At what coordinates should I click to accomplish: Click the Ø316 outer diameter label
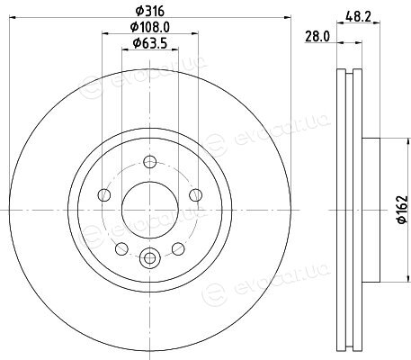click(150, 12)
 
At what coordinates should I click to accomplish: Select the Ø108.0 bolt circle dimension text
click(150, 28)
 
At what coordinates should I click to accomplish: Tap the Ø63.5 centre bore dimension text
click(149, 44)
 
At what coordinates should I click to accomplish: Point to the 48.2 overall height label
click(358, 16)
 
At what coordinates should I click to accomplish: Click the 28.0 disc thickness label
click(317, 37)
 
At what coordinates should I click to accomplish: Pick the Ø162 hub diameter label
click(402, 210)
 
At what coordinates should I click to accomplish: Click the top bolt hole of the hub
click(150, 162)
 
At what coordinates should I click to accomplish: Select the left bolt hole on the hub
click(104, 195)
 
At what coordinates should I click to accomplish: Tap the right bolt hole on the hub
click(196, 195)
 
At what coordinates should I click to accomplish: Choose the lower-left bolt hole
click(121, 248)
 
